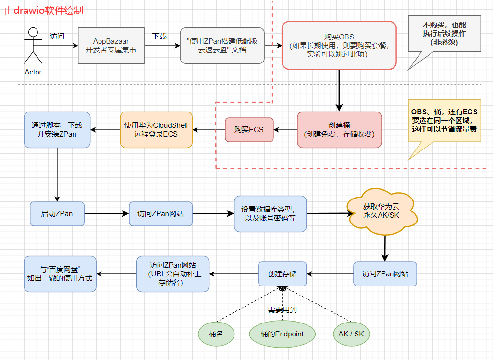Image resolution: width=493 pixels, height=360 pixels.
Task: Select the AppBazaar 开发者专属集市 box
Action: click(111, 46)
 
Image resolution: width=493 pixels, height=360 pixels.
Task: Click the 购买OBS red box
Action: click(339, 45)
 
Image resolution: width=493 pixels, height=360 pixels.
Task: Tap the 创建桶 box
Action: click(339, 129)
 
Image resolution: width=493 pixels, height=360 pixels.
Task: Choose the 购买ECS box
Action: click(249, 130)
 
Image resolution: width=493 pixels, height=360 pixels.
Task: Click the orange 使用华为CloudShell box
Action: click(156, 130)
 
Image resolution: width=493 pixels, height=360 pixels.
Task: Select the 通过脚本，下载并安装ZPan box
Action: click(57, 130)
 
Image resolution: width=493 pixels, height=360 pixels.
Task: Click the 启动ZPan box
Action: click(57, 213)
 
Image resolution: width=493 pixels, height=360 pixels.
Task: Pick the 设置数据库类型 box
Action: click(270, 213)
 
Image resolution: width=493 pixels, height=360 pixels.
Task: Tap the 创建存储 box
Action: click(282, 274)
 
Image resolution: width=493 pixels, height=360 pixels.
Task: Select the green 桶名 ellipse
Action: click(216, 334)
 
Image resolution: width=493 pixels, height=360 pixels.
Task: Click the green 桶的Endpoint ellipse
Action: click(282, 334)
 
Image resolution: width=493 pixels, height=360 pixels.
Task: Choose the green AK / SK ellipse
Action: click(352, 334)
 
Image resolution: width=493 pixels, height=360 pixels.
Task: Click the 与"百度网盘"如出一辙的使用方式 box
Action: click(60, 273)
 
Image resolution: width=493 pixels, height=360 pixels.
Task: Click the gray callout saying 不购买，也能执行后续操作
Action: click(444, 34)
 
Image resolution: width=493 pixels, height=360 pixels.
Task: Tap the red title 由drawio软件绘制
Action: click(43, 11)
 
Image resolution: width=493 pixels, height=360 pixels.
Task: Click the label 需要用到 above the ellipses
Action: click(282, 310)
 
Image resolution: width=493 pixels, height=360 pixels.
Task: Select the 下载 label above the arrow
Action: click(160, 36)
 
